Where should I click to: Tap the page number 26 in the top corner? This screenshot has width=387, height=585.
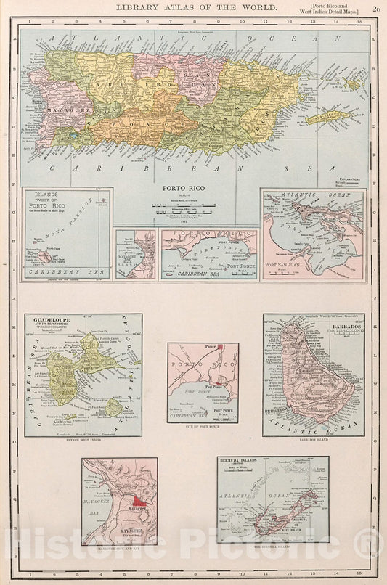pos(375,8)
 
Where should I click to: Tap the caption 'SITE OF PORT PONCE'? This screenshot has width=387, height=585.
pos(203,427)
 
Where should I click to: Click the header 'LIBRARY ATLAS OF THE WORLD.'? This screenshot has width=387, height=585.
pos(196,7)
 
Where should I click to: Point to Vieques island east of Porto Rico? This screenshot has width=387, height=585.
pos(328,117)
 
